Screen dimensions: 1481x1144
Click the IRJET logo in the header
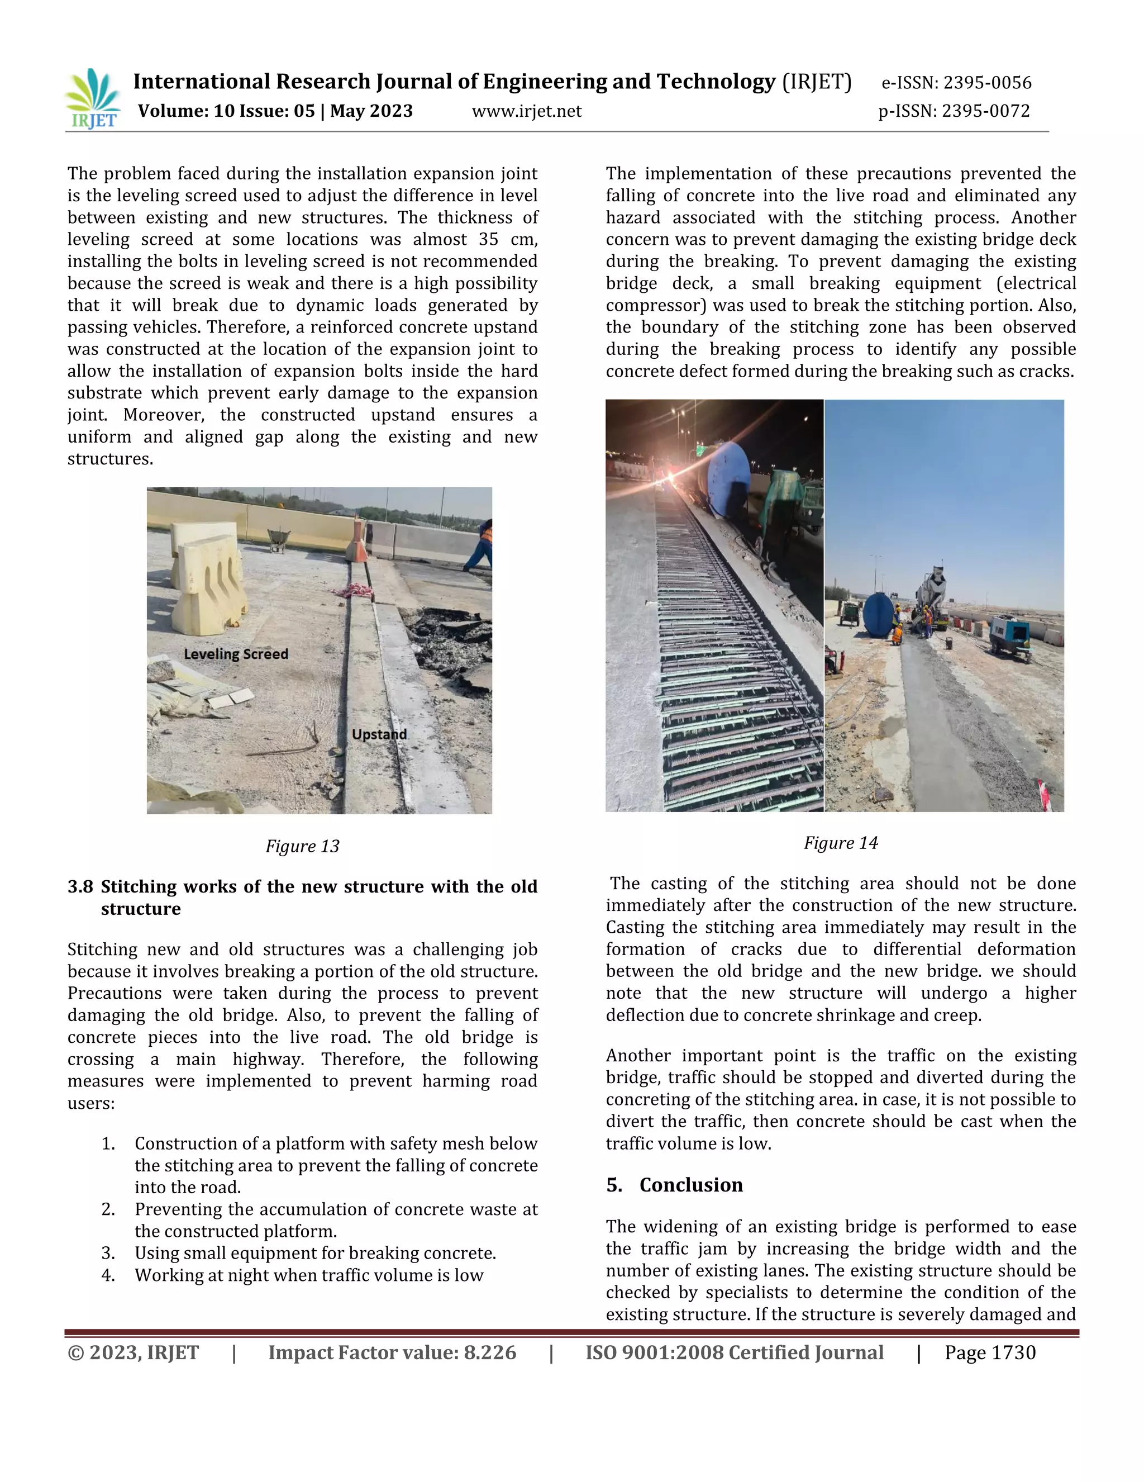click(x=93, y=98)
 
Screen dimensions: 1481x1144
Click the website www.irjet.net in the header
click(x=527, y=111)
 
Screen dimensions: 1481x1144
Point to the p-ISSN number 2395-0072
click(x=986, y=111)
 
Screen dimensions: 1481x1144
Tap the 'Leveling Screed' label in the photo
click(x=236, y=654)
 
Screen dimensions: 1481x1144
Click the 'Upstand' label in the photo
click(x=379, y=734)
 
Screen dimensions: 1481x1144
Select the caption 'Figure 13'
click(x=302, y=846)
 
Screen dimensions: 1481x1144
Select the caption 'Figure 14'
click(x=840, y=843)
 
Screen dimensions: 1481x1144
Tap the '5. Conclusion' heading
click(x=674, y=1185)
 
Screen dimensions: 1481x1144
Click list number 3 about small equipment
click(x=108, y=1253)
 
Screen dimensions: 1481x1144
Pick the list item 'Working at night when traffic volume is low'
click(x=308, y=1275)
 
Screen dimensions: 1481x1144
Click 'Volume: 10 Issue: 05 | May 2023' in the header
click(x=275, y=111)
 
